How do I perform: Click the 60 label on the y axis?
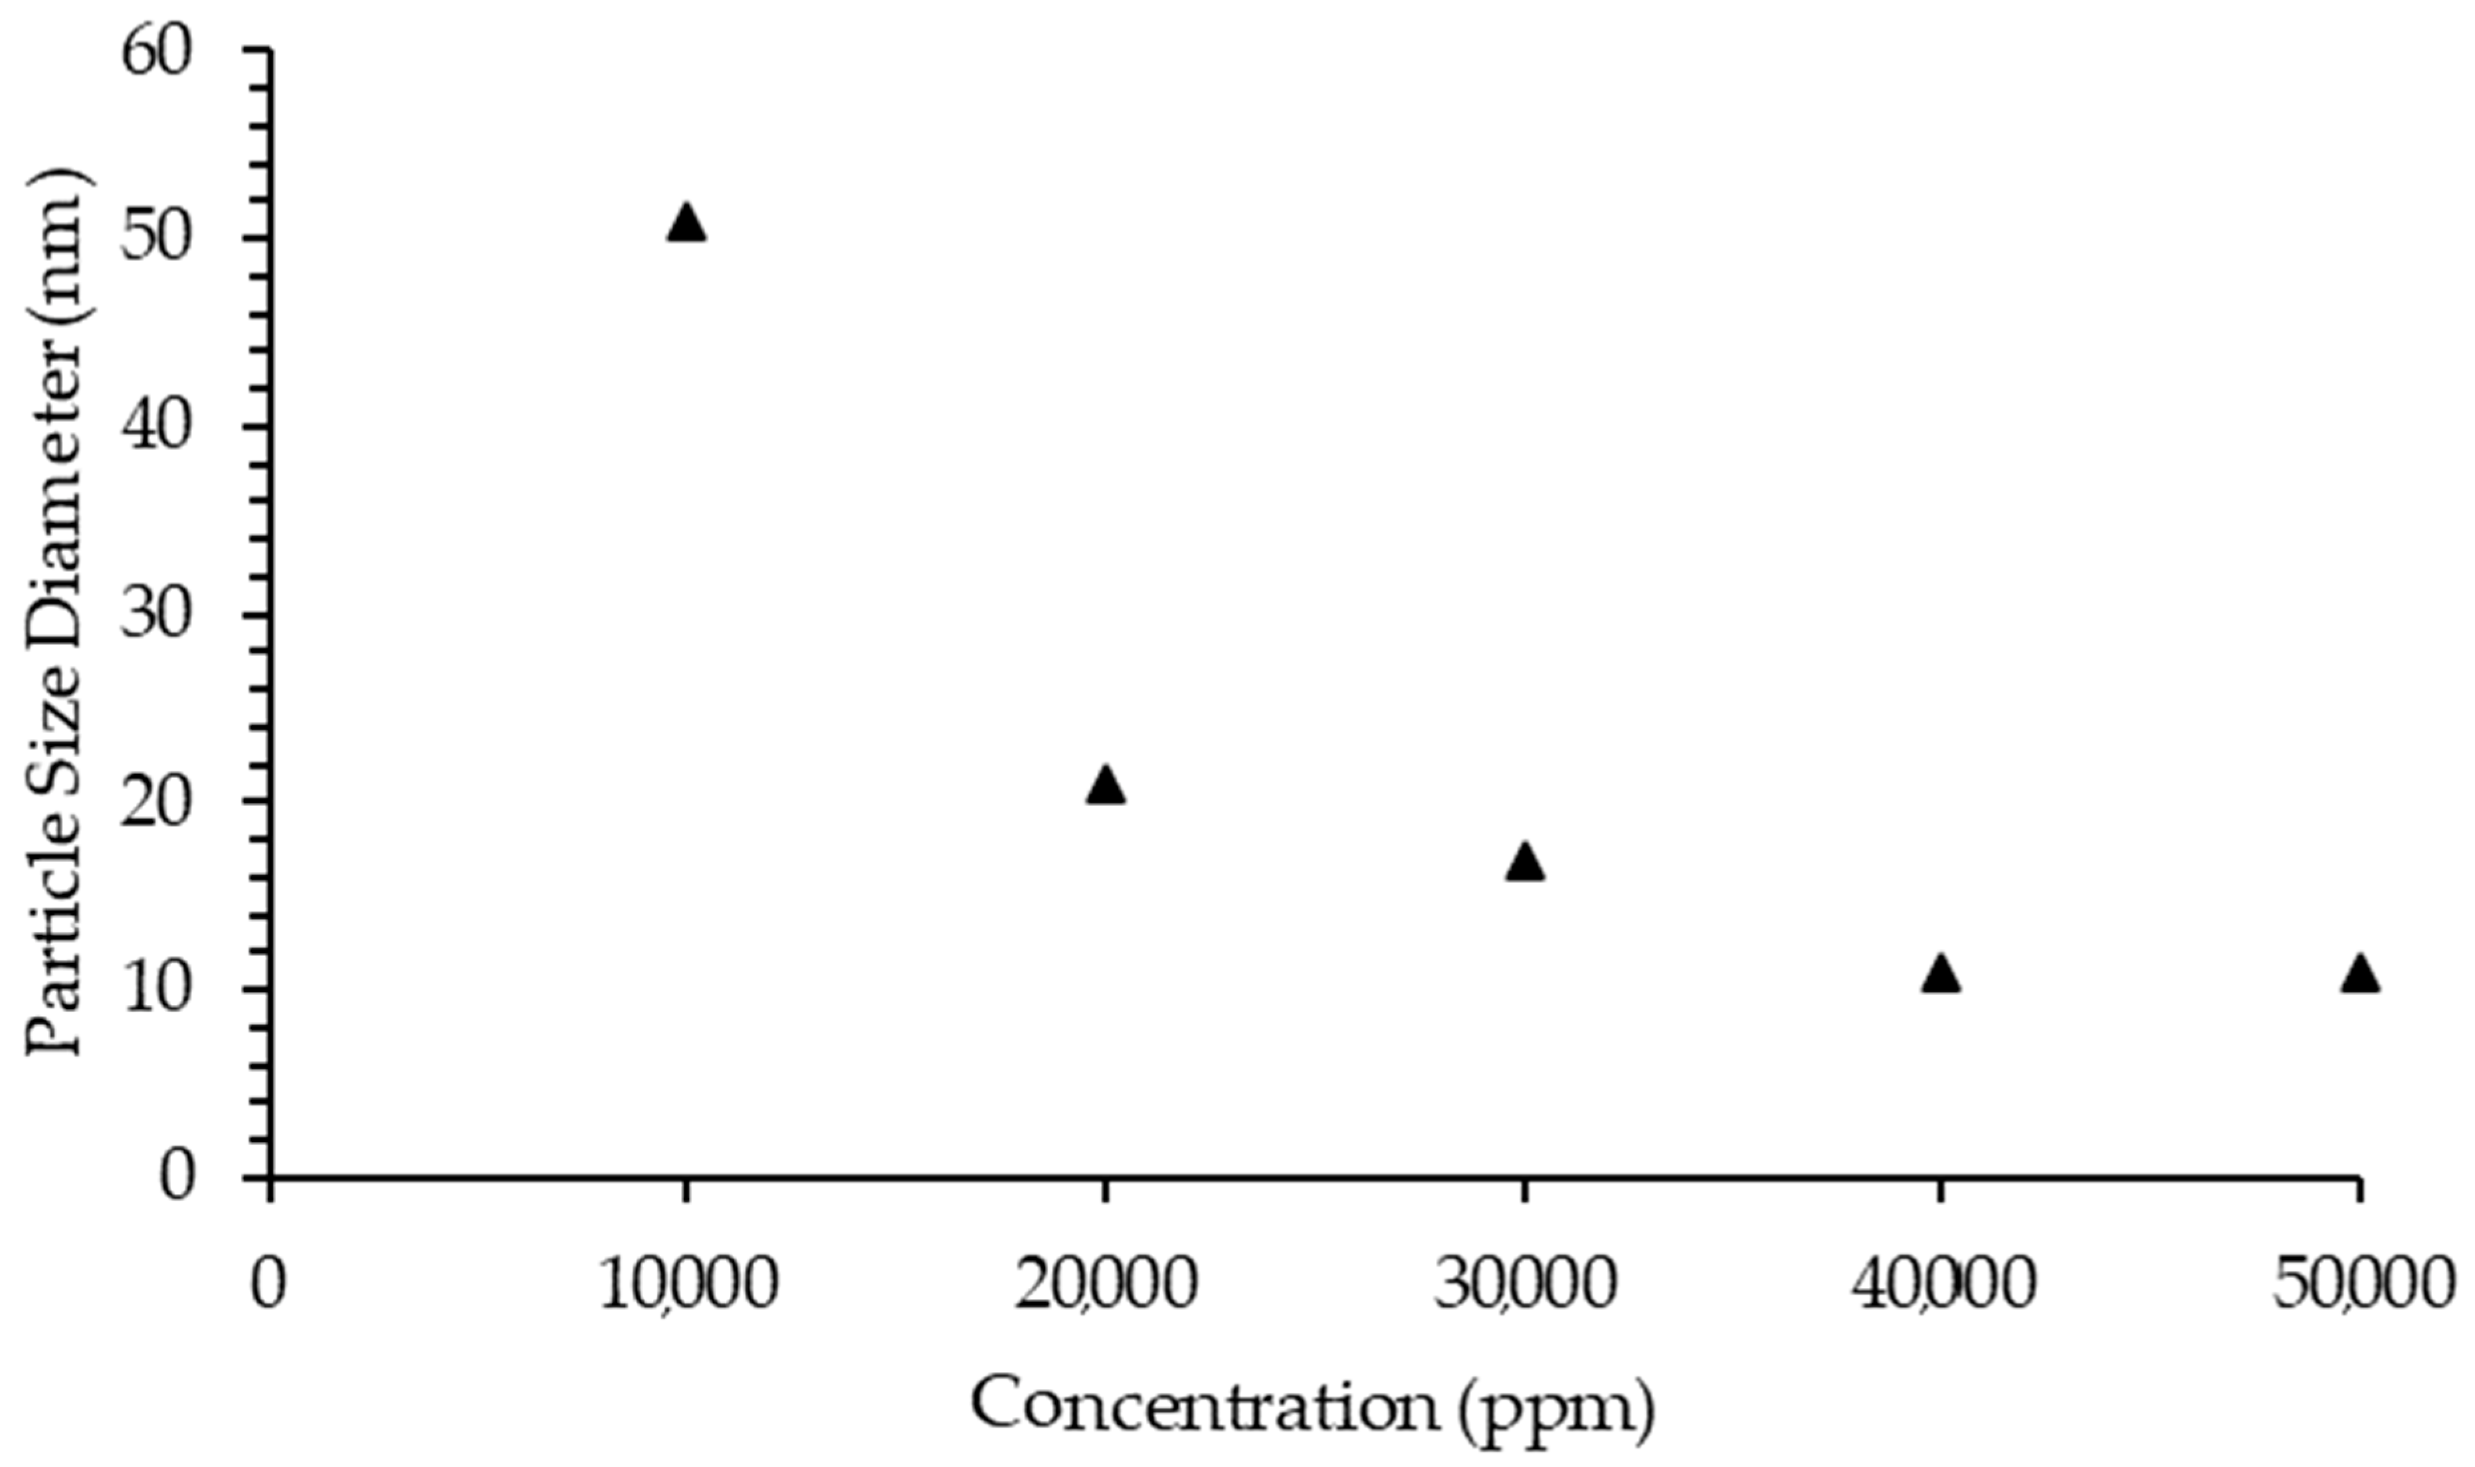point(156,51)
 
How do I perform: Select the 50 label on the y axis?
point(156,239)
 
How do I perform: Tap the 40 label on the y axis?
point(156,427)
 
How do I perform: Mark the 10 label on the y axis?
point(156,991)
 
